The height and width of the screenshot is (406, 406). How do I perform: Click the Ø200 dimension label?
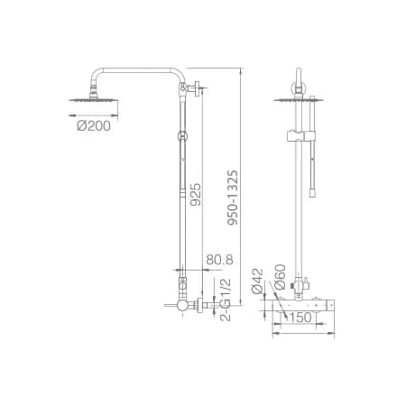click(94, 126)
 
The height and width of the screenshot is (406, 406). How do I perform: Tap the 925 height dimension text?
click(196, 194)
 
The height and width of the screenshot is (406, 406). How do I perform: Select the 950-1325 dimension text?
click(233, 198)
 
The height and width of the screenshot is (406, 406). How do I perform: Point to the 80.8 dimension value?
click(219, 260)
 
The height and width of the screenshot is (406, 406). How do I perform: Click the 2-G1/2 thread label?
click(226, 300)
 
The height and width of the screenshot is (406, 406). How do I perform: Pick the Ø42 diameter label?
click(257, 281)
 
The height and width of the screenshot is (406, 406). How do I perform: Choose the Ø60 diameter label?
click(280, 277)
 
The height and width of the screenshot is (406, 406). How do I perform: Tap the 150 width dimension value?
click(301, 318)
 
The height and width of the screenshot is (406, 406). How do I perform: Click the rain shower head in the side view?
click(94, 100)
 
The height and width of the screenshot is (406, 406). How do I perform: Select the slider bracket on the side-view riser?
click(182, 136)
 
